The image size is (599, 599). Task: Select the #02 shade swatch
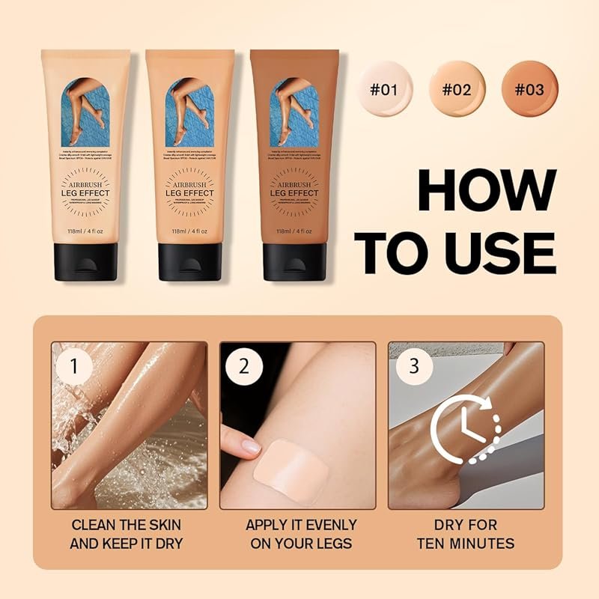tap(456, 90)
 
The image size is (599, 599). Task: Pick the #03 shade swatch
tap(529, 90)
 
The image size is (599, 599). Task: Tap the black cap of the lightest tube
tap(85, 261)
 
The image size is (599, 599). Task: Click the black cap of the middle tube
tap(189, 261)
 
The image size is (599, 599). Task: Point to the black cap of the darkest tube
tap(294, 261)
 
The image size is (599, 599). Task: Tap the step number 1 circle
tap(74, 367)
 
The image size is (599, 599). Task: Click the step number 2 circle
tap(243, 367)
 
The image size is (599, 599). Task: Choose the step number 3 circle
tap(411, 367)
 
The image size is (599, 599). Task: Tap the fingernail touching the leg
tap(251, 446)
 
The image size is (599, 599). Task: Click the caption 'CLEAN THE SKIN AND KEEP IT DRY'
tap(126, 534)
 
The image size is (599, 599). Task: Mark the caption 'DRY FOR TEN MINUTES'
tap(465, 534)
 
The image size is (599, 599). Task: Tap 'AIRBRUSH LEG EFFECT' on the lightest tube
tap(85, 188)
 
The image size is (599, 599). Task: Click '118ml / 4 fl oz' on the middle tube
tap(189, 232)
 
